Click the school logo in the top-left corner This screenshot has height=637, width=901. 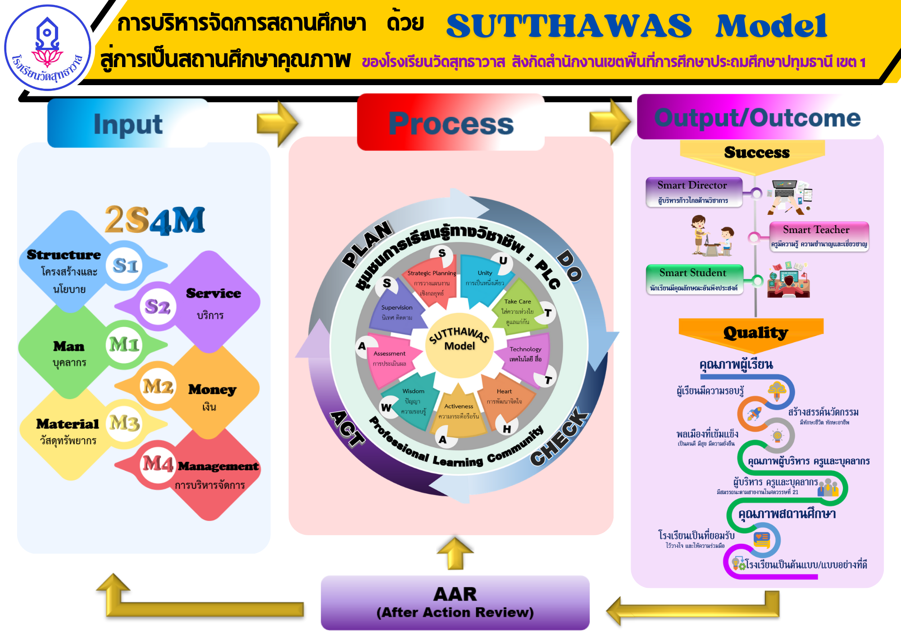pos(47,48)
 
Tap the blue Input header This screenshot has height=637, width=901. pos(128,124)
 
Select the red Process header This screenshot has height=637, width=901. pos(450,123)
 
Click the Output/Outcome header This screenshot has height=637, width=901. pos(757,118)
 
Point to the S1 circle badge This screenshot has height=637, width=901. pos(125,266)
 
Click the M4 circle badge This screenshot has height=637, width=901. pos(157,464)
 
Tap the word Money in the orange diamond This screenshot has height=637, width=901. pos(212,390)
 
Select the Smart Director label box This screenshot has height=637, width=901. pos(693,192)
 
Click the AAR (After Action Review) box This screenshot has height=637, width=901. pos(455,602)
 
